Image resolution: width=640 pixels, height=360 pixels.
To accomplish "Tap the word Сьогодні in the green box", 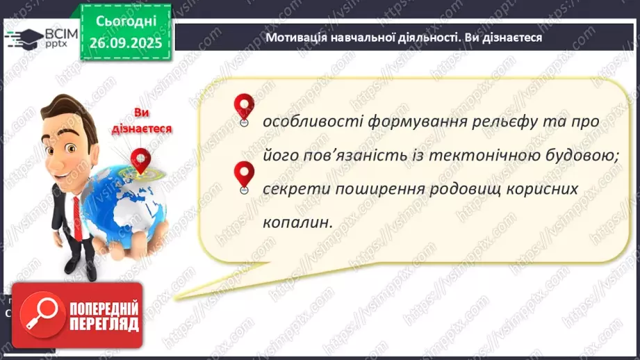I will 125,22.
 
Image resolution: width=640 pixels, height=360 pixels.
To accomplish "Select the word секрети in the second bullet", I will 291,190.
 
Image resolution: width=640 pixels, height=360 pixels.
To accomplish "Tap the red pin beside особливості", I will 243,108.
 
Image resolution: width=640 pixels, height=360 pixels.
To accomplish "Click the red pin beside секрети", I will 243,174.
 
